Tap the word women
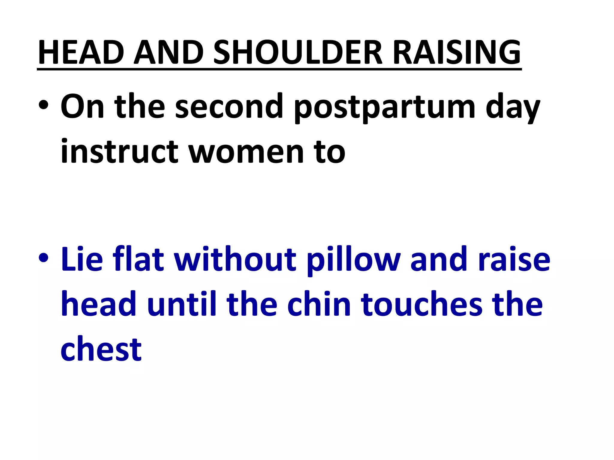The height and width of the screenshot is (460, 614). [247, 153]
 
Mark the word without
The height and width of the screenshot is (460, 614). [235, 259]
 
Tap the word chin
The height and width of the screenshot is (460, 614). [319, 304]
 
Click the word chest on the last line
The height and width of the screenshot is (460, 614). [101, 349]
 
